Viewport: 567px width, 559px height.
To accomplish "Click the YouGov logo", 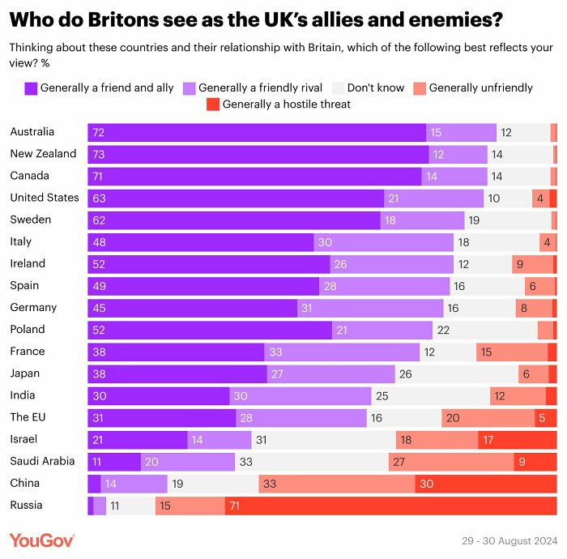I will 42,540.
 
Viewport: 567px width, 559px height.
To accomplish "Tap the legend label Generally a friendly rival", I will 260,87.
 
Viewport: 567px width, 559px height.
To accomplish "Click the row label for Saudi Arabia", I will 42,461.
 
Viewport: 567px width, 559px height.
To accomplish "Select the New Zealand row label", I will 43,154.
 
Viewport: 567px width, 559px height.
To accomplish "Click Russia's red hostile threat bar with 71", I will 390,506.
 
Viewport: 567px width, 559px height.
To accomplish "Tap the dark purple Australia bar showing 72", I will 257,132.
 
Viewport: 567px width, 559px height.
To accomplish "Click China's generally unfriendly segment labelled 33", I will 337,484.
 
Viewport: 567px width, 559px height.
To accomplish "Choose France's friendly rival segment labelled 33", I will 342,352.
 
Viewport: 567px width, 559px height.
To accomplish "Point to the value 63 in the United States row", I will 99,198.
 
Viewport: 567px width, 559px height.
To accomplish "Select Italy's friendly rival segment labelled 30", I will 383,241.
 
